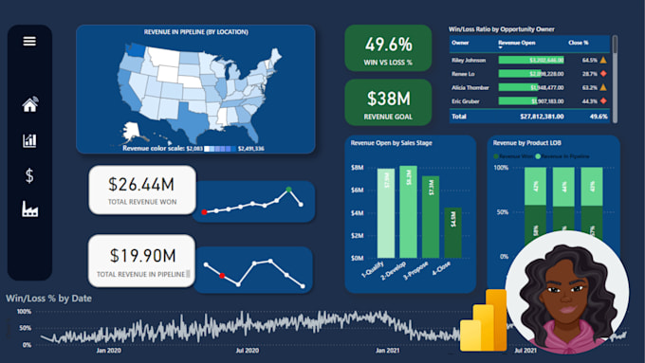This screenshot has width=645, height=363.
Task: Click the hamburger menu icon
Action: pyautogui.click(x=29, y=41)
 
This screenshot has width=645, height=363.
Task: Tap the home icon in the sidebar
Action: pyautogui.click(x=29, y=105)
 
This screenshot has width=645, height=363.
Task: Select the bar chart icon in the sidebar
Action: pyautogui.click(x=29, y=140)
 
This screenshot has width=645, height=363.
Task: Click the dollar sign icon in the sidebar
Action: pyautogui.click(x=29, y=175)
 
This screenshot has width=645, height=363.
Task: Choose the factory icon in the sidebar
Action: pyautogui.click(x=29, y=209)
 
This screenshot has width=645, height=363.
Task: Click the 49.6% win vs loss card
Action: pyautogui.click(x=388, y=50)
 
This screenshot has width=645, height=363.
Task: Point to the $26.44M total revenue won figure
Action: pyautogui.click(x=142, y=184)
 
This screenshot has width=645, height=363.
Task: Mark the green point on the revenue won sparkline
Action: pyautogui.click(x=289, y=190)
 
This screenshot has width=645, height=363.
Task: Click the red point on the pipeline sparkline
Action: pyautogui.click(x=222, y=275)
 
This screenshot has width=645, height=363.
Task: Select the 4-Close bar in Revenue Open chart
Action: pyautogui.click(x=452, y=232)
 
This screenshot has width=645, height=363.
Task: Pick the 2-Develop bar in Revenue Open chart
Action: pyautogui.click(x=408, y=211)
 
